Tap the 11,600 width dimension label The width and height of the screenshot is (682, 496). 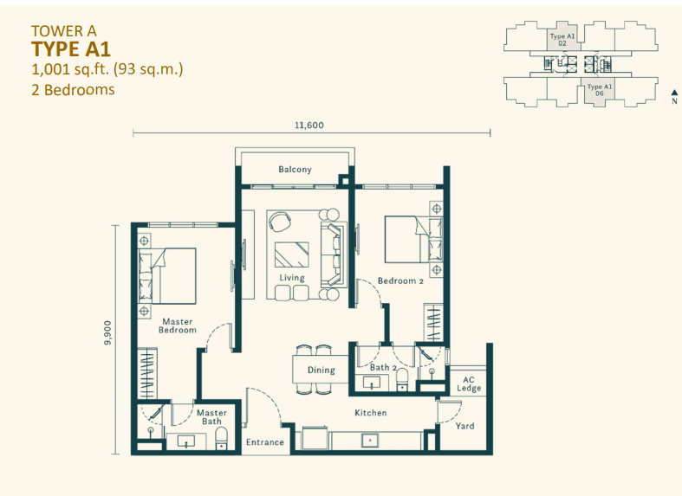click(309, 125)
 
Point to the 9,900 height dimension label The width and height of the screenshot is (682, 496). click(107, 331)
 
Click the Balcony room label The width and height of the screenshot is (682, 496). click(295, 170)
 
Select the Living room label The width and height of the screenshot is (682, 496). click(292, 278)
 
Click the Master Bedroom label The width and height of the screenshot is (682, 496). click(179, 325)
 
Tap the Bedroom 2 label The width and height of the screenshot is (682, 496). click(400, 280)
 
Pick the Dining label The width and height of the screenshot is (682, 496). click(321, 370)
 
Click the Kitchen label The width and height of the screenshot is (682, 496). click(370, 413)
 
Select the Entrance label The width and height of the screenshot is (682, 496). click(265, 442)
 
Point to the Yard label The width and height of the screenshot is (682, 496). click(464, 426)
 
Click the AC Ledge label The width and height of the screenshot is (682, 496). click(469, 383)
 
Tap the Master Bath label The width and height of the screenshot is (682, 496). click(211, 417)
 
